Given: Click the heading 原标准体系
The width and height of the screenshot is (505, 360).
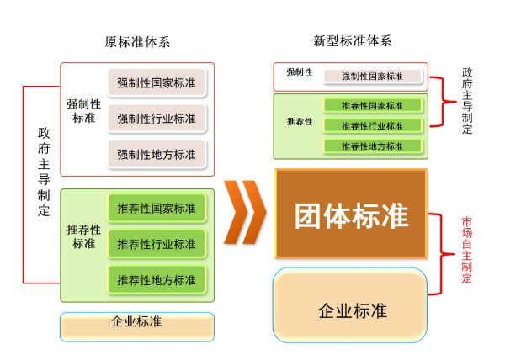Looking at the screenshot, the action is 137,41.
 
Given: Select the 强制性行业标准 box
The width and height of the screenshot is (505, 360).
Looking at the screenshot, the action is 157,119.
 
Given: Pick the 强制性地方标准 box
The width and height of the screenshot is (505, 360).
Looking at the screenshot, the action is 157,155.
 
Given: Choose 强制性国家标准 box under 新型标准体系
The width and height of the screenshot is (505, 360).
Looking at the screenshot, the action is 372,77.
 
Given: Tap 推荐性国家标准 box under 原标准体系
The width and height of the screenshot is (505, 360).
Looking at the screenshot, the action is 157,208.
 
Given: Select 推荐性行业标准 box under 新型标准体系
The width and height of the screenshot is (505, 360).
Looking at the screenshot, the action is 372,125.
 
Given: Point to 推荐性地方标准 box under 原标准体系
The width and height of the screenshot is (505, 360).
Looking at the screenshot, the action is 157,280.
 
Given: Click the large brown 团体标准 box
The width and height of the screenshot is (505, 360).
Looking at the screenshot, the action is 351,215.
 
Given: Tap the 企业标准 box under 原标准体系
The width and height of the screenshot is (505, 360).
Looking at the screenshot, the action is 137,323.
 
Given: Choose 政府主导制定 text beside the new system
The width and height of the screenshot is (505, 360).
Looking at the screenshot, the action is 467,102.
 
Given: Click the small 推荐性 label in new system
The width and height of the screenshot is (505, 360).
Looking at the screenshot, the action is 300,122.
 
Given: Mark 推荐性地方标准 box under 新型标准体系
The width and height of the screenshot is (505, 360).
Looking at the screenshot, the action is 372,146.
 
